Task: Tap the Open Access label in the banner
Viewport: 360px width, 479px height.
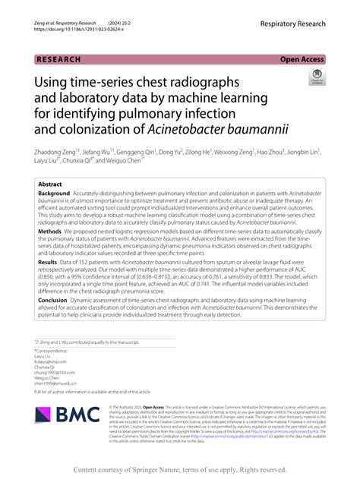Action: pos(303,58)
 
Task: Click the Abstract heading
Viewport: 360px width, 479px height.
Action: pos(50,184)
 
